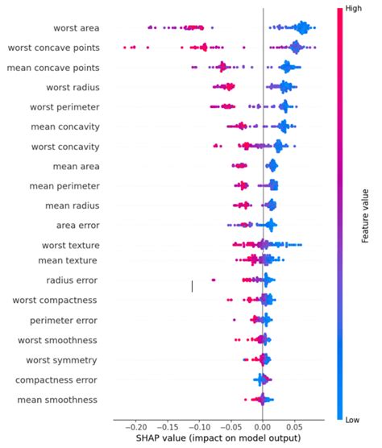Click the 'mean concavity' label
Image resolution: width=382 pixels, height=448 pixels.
click(65, 127)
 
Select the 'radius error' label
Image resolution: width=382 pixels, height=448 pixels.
click(73, 280)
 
